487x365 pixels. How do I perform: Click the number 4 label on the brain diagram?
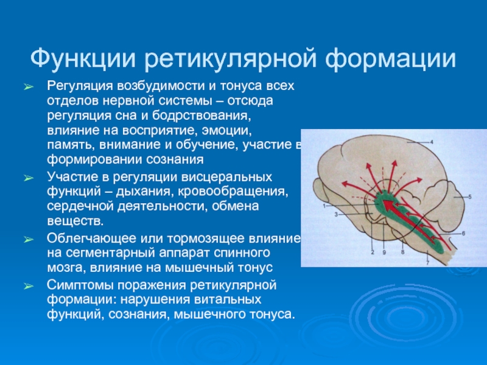coord(432,142)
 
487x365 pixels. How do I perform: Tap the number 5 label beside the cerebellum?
coord(470,196)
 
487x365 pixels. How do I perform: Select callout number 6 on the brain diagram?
coord(463,233)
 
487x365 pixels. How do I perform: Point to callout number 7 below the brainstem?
coord(428,263)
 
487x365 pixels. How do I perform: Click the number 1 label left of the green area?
coord(324,206)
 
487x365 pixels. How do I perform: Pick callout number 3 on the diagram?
coord(336,214)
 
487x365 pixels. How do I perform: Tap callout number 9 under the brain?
coord(384,252)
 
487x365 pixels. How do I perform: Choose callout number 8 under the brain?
coord(403,252)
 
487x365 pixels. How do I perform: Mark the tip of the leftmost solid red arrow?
coord(342,183)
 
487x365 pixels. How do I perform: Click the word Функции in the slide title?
coord(83,58)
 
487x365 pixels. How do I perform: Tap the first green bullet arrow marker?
coord(29,87)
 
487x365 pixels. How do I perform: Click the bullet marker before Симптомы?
coord(29,286)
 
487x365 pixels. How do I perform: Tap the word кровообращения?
coord(229,192)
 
